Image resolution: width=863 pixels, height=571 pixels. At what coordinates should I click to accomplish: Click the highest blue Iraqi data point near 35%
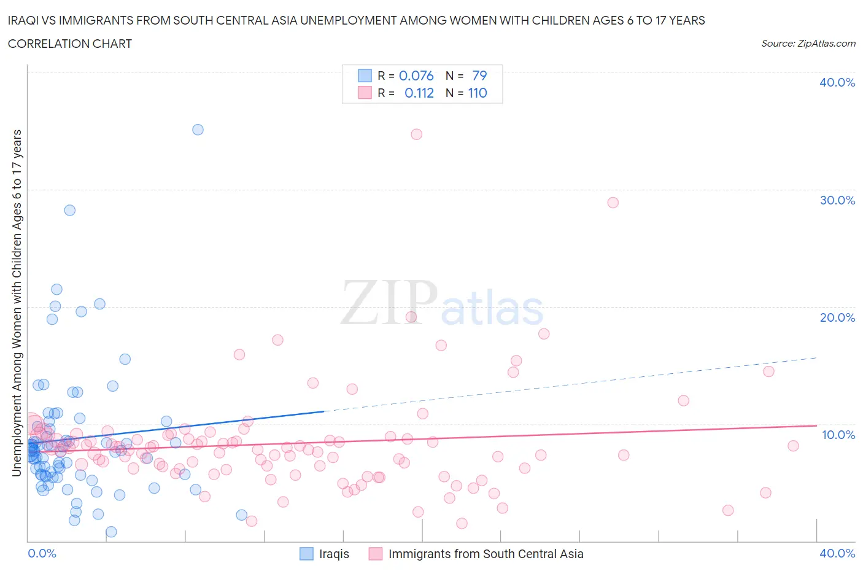[x=198, y=130]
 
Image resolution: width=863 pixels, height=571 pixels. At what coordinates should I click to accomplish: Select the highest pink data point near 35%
[x=417, y=134]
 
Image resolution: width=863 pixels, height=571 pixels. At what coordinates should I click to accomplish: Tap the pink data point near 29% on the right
[x=613, y=203]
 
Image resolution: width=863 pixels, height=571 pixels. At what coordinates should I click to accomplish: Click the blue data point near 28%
[x=70, y=210]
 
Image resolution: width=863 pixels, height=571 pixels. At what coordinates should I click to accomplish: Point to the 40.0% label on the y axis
[x=837, y=82]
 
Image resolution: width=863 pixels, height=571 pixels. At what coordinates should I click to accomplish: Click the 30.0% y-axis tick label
[x=837, y=200]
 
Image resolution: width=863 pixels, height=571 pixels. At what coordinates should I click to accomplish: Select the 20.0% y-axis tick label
[x=837, y=317]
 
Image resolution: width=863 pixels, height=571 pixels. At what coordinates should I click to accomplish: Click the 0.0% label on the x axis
[x=42, y=553]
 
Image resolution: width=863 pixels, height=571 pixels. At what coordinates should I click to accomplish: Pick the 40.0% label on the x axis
[x=837, y=553]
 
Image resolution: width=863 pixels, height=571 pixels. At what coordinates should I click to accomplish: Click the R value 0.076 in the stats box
[x=416, y=76]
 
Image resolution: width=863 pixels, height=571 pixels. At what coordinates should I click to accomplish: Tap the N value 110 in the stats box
[x=478, y=93]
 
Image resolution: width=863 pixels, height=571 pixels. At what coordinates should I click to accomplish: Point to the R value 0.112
[x=419, y=93]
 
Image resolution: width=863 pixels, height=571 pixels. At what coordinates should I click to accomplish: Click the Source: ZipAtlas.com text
[x=808, y=43]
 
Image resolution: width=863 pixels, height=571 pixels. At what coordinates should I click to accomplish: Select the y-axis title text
[x=17, y=303]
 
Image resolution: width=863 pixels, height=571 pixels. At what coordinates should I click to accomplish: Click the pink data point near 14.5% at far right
[x=768, y=371]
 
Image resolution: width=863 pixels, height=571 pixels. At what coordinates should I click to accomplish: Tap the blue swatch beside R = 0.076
[x=365, y=76]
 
